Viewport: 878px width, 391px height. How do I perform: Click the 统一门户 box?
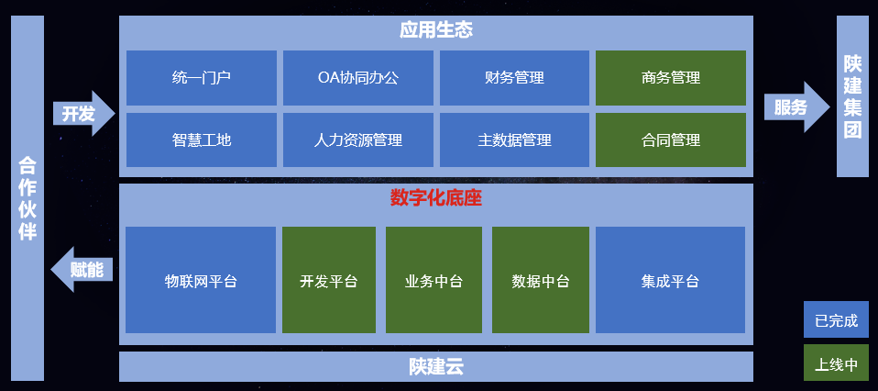(x=201, y=78)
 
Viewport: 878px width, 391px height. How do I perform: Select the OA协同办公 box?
(x=357, y=78)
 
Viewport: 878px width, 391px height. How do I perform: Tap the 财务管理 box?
(x=514, y=78)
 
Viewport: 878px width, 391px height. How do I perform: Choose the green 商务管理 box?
(x=671, y=78)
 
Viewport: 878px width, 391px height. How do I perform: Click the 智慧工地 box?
(x=201, y=140)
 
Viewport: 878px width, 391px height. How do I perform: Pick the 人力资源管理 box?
(x=357, y=140)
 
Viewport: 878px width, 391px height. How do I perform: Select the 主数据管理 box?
(x=514, y=140)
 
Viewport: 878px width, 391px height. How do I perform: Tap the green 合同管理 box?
(x=671, y=140)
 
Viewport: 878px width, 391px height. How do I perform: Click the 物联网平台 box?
(x=200, y=281)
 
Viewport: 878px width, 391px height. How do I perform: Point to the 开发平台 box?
(x=328, y=281)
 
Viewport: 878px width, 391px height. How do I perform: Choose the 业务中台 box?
(x=434, y=281)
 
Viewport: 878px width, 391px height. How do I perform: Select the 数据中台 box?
(x=540, y=281)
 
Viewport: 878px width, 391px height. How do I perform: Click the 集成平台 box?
(x=670, y=281)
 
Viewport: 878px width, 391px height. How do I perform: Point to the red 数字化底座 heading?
(x=436, y=197)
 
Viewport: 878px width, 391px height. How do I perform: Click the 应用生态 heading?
(x=436, y=30)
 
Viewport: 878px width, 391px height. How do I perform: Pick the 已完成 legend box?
(x=836, y=320)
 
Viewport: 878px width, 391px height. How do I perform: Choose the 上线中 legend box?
(x=836, y=363)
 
